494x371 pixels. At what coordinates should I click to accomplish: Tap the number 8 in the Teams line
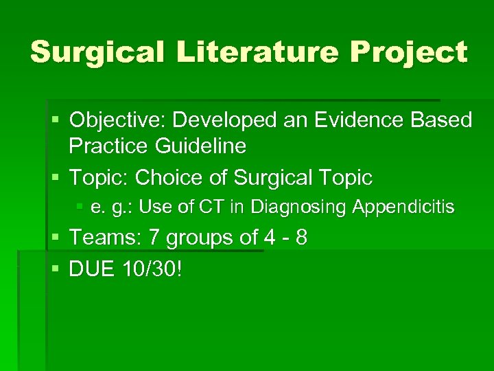[x=300, y=238]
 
